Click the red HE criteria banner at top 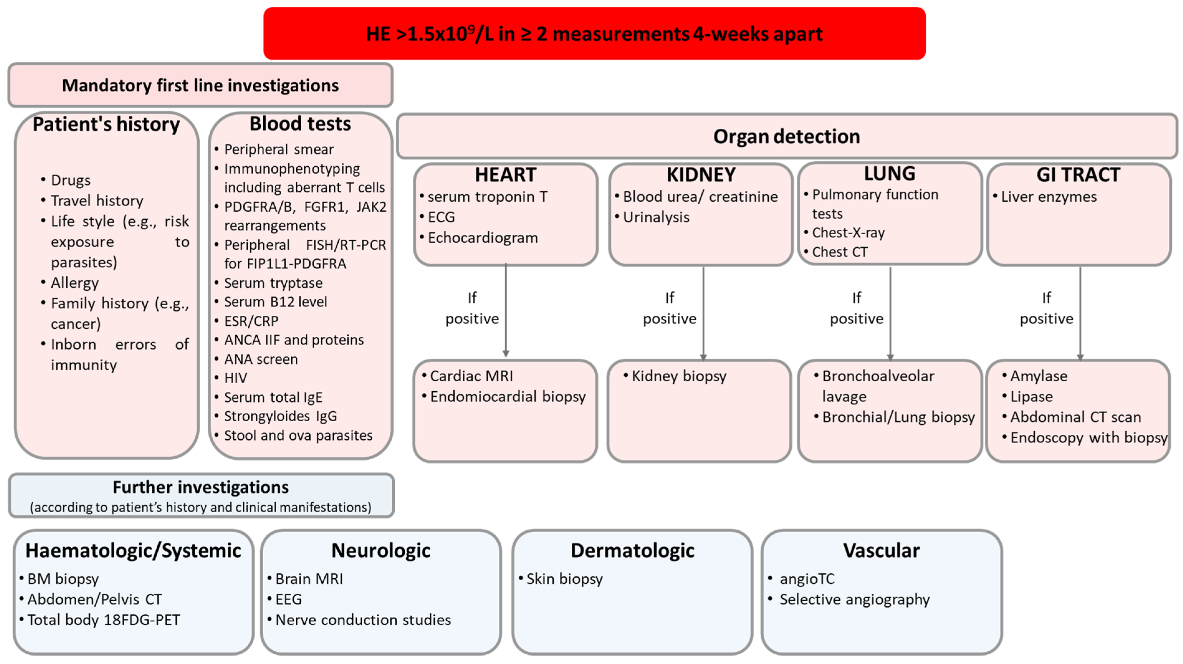click(594, 34)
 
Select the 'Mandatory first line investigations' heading click(200, 85)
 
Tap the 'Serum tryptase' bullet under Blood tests click(273, 283)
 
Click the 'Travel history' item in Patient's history click(97, 201)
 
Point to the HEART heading click(505, 174)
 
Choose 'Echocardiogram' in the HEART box click(482, 238)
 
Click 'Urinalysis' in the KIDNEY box click(656, 217)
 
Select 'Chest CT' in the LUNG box click(839, 252)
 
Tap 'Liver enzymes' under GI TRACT click(1048, 197)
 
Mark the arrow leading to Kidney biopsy click(704, 312)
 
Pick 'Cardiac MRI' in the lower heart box click(471, 376)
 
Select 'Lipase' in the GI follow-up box click(1032, 397)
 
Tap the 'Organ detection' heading click(786, 136)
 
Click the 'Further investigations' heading click(201, 487)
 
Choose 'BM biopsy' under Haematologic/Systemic click(63, 579)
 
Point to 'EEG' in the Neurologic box click(289, 599)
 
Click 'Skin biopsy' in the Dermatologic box click(565, 579)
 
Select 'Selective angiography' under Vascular click(854, 599)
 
